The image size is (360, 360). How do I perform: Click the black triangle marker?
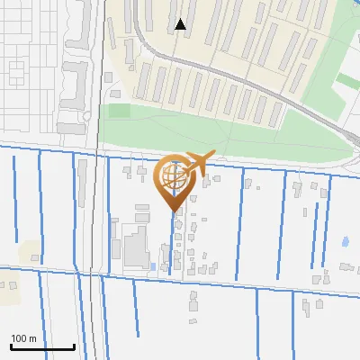tap(181, 25)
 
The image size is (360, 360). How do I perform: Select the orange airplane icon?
tap(196, 164)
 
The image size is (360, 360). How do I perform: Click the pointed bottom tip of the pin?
tap(173, 211)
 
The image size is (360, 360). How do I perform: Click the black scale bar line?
tap(42, 346)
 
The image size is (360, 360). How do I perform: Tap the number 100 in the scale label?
tap(20, 338)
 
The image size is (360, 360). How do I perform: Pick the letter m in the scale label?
tap(33, 338)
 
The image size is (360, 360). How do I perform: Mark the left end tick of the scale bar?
tap(11, 345)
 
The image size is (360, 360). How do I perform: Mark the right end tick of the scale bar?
tap(74, 345)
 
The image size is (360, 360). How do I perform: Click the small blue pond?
tap(346, 241)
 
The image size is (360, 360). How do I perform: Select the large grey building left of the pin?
tap(136, 247)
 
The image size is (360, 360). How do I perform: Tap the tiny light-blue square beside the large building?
tap(153, 266)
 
